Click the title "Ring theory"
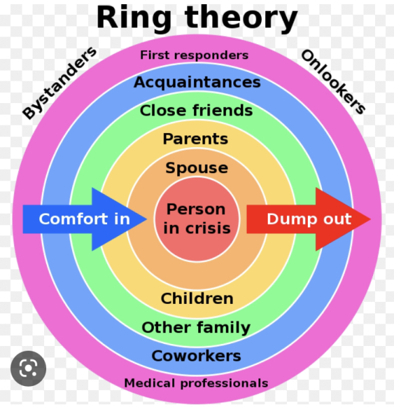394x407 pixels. (x=197, y=19)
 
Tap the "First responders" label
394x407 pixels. (x=194, y=56)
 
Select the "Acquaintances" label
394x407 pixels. (x=197, y=83)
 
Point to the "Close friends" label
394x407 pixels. (x=196, y=111)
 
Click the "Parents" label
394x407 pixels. (x=195, y=139)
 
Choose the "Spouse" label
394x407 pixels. (x=197, y=168)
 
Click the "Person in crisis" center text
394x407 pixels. (x=197, y=219)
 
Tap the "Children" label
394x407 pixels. (x=197, y=298)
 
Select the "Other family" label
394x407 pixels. (x=196, y=328)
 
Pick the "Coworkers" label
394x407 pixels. (x=196, y=356)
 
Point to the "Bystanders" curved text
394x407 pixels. (x=60, y=83)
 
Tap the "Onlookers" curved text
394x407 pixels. (x=333, y=82)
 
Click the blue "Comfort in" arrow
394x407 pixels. (x=85, y=219)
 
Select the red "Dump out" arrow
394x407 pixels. (x=309, y=219)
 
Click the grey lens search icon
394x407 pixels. (x=28, y=368)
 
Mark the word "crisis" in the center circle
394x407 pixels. (x=208, y=229)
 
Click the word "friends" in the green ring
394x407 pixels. (x=222, y=111)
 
